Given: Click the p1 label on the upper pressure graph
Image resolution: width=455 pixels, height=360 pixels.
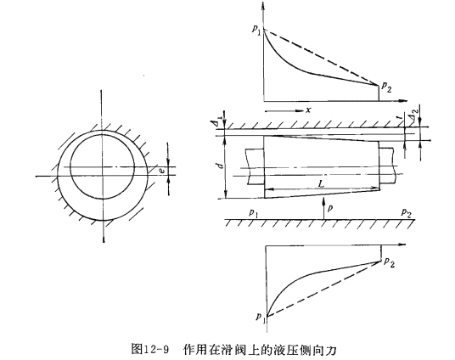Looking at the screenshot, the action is [x=256, y=30].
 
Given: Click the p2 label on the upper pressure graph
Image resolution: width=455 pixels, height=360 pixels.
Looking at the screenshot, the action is [x=387, y=87].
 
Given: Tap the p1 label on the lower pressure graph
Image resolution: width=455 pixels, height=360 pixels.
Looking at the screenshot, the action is [x=261, y=317].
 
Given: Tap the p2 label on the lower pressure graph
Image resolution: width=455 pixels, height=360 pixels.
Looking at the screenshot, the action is [x=390, y=262].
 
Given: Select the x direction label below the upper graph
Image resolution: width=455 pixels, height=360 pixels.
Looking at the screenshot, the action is [x=308, y=110].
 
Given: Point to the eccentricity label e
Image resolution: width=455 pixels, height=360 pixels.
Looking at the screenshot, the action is [x=163, y=171].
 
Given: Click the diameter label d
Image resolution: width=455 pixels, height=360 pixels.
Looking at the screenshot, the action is [x=221, y=166].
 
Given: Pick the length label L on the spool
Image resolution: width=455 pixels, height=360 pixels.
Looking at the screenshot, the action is [x=321, y=183].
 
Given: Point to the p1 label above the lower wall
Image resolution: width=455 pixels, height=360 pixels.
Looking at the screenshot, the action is [x=254, y=213].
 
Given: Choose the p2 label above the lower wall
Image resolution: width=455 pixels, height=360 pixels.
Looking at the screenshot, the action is [x=407, y=213].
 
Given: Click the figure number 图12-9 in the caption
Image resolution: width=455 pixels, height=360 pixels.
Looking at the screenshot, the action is [x=149, y=349].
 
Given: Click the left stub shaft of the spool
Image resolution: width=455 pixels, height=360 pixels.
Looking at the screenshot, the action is [x=255, y=166].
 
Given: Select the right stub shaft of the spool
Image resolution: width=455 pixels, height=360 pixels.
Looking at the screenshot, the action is [x=388, y=166].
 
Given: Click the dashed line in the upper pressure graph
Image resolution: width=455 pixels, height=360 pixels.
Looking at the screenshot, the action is [x=321, y=58].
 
